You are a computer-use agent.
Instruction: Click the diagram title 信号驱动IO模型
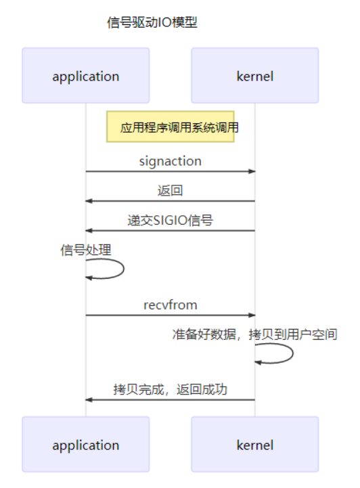click(152, 22)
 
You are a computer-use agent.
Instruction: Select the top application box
click(85, 76)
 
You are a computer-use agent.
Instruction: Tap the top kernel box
click(254, 76)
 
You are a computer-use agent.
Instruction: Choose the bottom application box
click(85, 445)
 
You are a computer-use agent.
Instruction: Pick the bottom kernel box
click(254, 445)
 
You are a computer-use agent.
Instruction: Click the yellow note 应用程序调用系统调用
click(171, 127)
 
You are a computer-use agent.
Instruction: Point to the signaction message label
click(170, 161)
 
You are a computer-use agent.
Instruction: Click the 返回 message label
click(170, 191)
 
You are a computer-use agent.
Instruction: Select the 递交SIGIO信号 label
click(170, 220)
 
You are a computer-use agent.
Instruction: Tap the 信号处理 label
click(86, 250)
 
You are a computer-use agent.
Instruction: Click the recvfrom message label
click(170, 305)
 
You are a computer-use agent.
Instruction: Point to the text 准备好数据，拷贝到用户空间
click(254, 334)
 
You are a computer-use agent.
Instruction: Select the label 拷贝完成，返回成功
click(170, 390)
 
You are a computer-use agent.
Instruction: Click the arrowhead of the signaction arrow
click(252, 171)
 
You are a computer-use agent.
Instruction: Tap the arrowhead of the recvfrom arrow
click(252, 315)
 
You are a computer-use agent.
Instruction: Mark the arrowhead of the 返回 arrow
click(89, 201)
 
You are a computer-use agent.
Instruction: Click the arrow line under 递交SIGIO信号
click(170, 230)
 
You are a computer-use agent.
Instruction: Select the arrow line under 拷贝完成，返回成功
click(170, 399)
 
